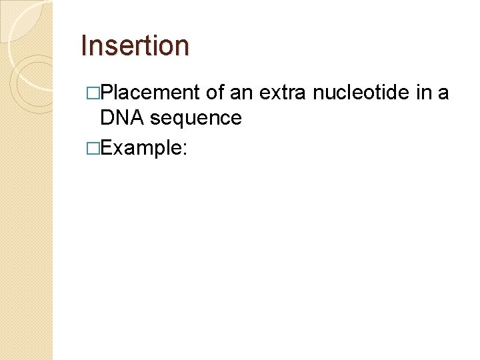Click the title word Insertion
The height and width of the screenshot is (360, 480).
[x=135, y=45]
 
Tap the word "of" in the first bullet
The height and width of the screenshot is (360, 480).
[x=215, y=93]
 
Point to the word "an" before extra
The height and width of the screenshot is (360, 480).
[x=241, y=93]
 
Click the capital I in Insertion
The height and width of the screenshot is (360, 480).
[x=83, y=45]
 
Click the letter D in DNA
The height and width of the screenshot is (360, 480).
[x=106, y=118]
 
